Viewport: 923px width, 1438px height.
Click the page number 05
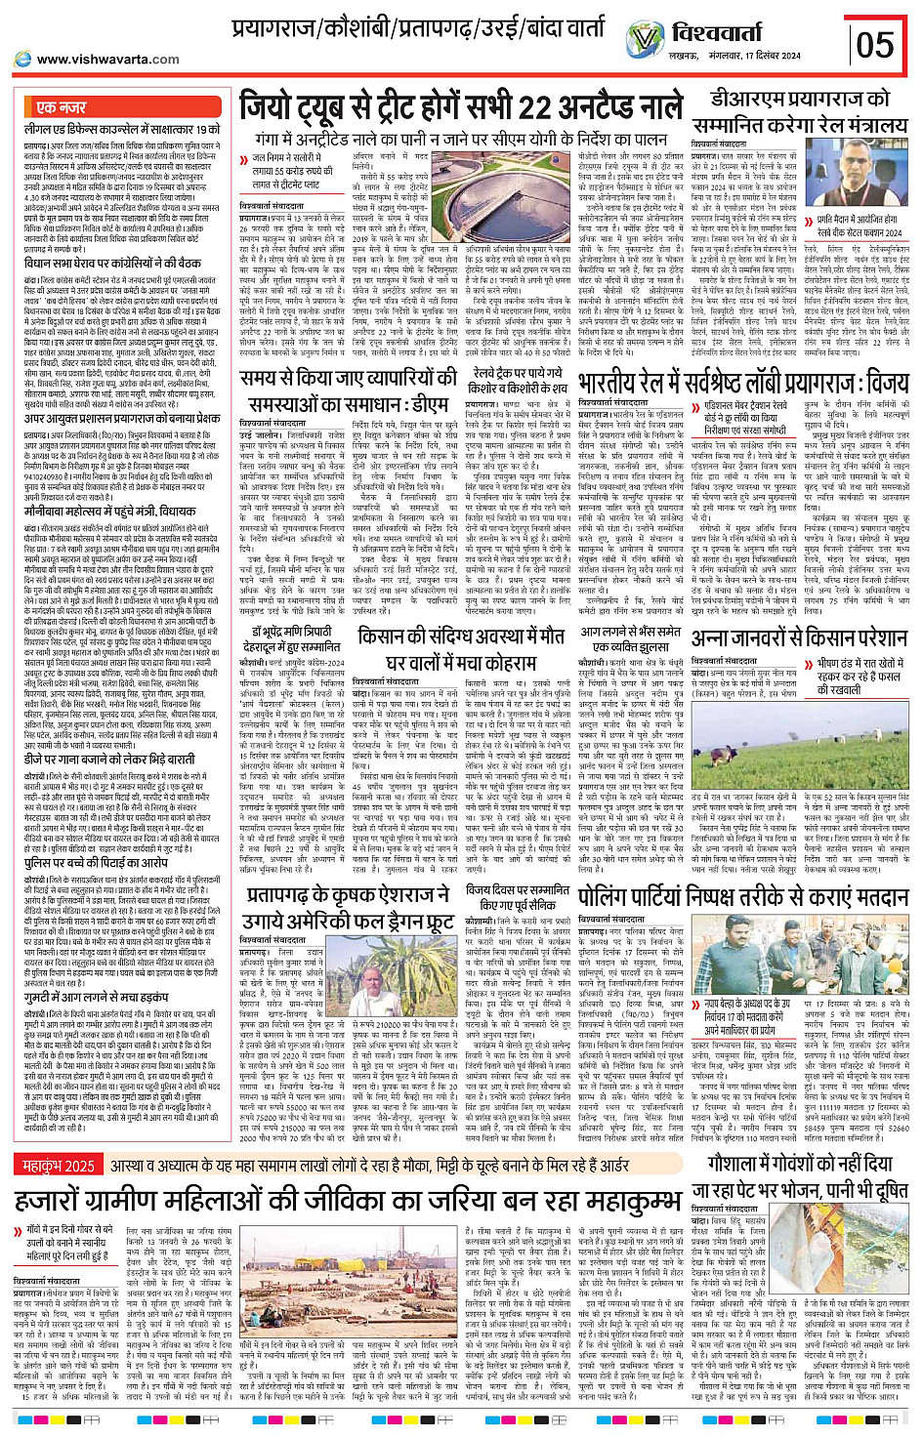point(874,43)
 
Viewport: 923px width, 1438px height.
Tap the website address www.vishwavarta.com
point(108,60)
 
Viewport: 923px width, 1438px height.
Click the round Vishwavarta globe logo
point(645,39)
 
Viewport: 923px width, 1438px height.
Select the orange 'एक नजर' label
point(62,107)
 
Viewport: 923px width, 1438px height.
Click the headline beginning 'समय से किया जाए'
point(348,389)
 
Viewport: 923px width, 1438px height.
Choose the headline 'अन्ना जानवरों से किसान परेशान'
point(799,638)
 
